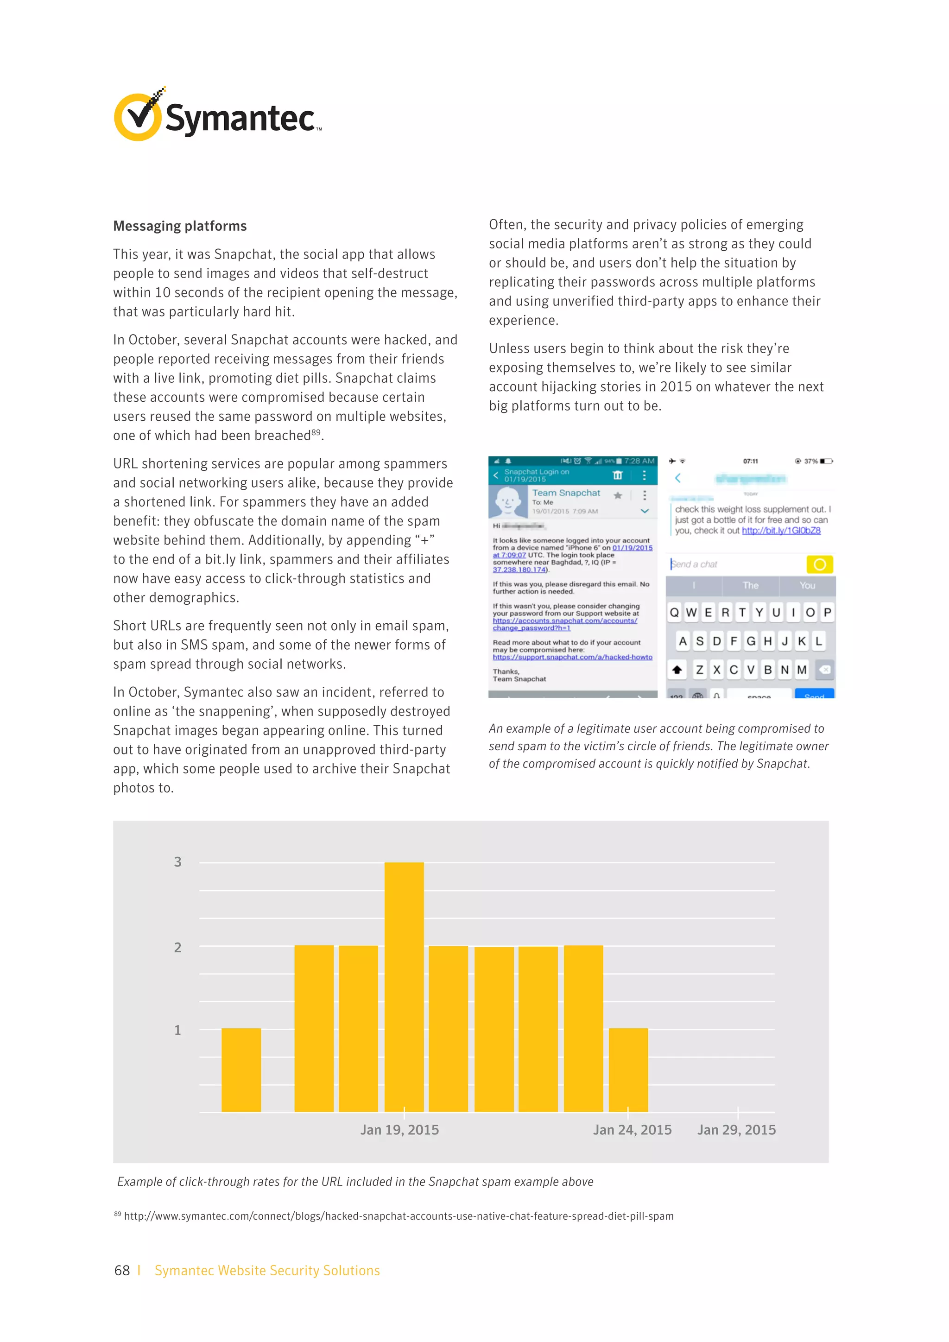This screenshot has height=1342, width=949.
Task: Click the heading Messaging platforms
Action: pyautogui.click(x=180, y=226)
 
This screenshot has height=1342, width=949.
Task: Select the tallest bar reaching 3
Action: pyautogui.click(x=404, y=987)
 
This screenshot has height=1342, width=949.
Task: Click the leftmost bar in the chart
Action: pyautogui.click(x=241, y=1070)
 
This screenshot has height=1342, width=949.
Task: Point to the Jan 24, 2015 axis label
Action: pyautogui.click(x=632, y=1130)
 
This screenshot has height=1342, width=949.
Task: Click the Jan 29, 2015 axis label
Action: pyautogui.click(x=736, y=1130)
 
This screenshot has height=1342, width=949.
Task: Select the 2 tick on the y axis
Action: pyautogui.click(x=177, y=948)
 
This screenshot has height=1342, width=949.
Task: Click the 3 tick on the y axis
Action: pyautogui.click(x=177, y=862)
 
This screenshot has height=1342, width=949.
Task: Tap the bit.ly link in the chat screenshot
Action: pyautogui.click(x=781, y=531)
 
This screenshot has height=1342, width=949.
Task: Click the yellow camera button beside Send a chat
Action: pyautogui.click(x=819, y=564)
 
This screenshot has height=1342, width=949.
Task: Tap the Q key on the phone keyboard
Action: pyautogui.click(x=674, y=613)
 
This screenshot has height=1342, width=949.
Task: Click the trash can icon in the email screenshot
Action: pyautogui.click(x=617, y=475)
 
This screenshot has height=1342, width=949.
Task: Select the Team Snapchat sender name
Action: pyautogui.click(x=566, y=493)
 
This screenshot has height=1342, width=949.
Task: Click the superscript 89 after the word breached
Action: pyautogui.click(x=316, y=432)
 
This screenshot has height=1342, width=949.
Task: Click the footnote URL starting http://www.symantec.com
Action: pyautogui.click(x=399, y=1216)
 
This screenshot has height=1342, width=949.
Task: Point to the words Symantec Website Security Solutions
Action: pyautogui.click(x=267, y=1270)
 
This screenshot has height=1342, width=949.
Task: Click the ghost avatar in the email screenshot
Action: pyautogui.click(x=507, y=501)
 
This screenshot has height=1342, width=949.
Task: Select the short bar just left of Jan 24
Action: pyautogui.click(x=628, y=1070)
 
